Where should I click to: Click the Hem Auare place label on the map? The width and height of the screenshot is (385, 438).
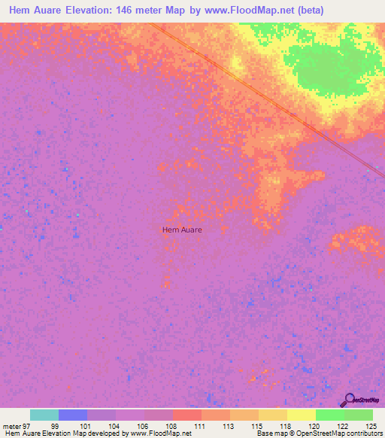pos(182,230)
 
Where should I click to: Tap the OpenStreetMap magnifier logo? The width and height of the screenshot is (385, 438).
pos(348,399)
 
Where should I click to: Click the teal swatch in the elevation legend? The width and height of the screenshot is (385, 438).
pos(44,415)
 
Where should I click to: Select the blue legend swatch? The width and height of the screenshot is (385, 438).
pos(73,415)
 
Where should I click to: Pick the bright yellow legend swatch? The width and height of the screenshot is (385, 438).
pos(302,415)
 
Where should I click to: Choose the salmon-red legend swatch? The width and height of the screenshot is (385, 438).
pos(187,415)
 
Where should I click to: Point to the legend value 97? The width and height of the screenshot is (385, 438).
pos(27,426)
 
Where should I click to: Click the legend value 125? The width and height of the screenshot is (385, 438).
pos(370,426)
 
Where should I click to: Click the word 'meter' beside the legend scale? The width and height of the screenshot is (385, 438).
pos(12,426)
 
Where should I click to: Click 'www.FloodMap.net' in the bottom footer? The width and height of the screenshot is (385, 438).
pos(161,433)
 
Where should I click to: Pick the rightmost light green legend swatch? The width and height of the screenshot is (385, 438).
pos(359,415)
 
